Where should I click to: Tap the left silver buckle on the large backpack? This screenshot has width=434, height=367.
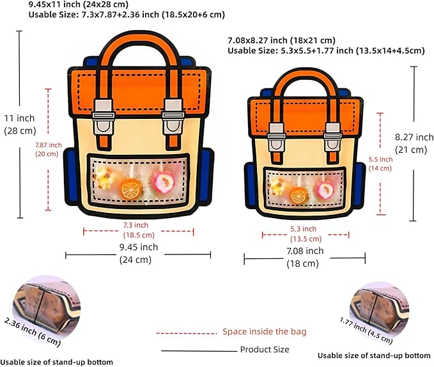(x=104, y=117)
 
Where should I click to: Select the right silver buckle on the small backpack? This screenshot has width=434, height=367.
(x=333, y=137)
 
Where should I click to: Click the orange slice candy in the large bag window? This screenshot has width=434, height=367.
(x=130, y=189)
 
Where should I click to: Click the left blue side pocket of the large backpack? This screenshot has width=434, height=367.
(x=70, y=176)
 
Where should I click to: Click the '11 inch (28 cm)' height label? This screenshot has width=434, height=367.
(x=20, y=124)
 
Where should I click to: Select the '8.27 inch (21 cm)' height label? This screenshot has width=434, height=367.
(x=414, y=143)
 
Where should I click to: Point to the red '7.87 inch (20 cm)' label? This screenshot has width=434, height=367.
(x=48, y=149)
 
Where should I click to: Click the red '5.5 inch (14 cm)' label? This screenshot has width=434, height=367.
(x=380, y=164)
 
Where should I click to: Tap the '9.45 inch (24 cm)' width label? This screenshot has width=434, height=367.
(x=139, y=253)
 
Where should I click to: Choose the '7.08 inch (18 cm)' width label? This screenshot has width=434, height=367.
(x=304, y=257)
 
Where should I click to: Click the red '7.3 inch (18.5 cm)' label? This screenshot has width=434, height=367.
(x=138, y=230)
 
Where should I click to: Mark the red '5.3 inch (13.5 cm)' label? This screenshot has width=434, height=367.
(x=306, y=234)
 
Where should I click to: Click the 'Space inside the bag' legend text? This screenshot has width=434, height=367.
(x=265, y=331)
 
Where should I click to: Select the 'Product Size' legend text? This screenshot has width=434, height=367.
(x=265, y=350)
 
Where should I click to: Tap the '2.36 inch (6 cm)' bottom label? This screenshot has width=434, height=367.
(x=32, y=332)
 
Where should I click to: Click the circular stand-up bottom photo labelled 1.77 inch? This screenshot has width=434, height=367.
(x=379, y=310)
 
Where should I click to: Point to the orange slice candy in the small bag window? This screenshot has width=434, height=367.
(x=298, y=196)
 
